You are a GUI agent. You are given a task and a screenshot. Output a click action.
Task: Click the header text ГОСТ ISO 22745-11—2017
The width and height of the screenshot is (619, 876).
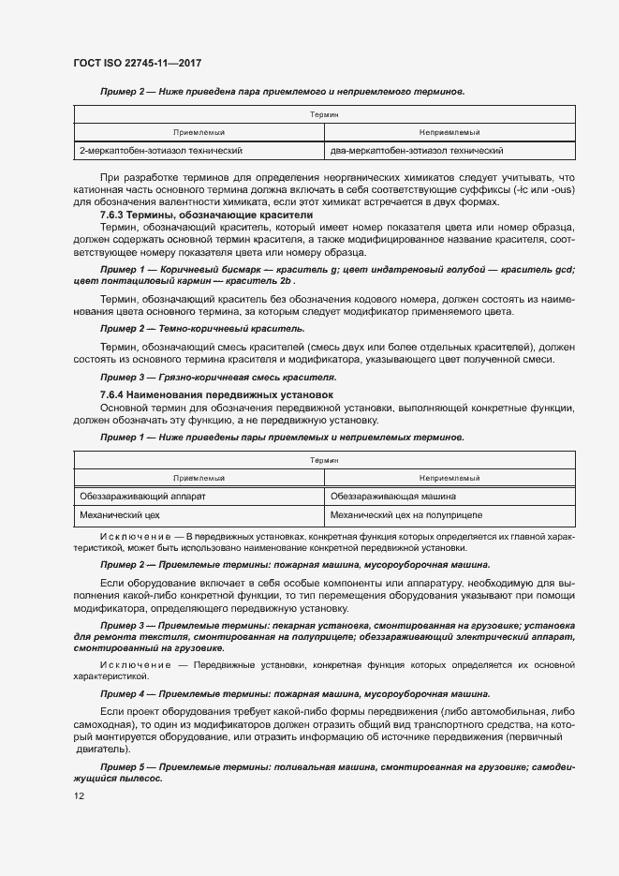[138, 63]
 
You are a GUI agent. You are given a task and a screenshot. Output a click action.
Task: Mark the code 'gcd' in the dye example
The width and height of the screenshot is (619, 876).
[589, 270]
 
